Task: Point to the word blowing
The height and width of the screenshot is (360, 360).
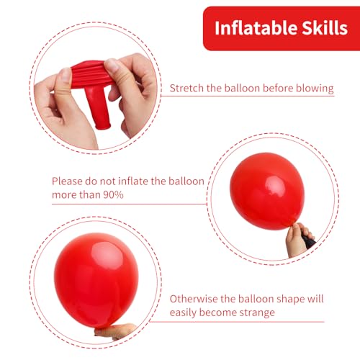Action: tap(313, 89)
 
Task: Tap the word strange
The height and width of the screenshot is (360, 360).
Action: tap(256, 313)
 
